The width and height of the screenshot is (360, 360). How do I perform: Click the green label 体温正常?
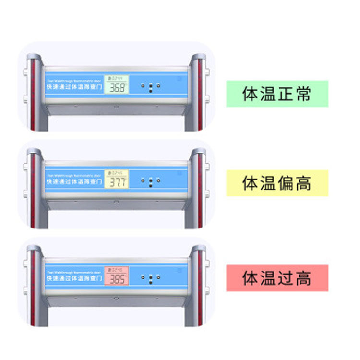pyautogui.click(x=277, y=94)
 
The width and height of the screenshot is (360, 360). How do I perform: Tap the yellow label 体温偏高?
pyautogui.click(x=277, y=183)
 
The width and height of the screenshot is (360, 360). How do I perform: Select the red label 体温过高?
pyautogui.click(x=277, y=278)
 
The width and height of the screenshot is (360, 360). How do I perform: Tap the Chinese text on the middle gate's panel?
pyautogui.click(x=74, y=182)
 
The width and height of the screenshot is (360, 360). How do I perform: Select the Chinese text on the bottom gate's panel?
pyautogui.click(x=74, y=278)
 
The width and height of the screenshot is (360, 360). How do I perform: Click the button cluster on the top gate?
pyautogui.click(x=151, y=87)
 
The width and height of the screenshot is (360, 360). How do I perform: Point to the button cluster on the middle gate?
pyautogui.click(x=151, y=181)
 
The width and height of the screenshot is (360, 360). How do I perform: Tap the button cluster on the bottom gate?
pyautogui.click(x=151, y=277)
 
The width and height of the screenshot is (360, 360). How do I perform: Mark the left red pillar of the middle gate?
pyautogui.click(x=33, y=192)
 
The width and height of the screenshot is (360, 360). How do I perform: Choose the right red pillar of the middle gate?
pyautogui.click(x=200, y=192)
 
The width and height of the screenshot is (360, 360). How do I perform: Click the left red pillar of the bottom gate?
pyautogui.click(x=33, y=288)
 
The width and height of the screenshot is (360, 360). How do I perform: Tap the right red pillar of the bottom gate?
pyautogui.click(x=200, y=288)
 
